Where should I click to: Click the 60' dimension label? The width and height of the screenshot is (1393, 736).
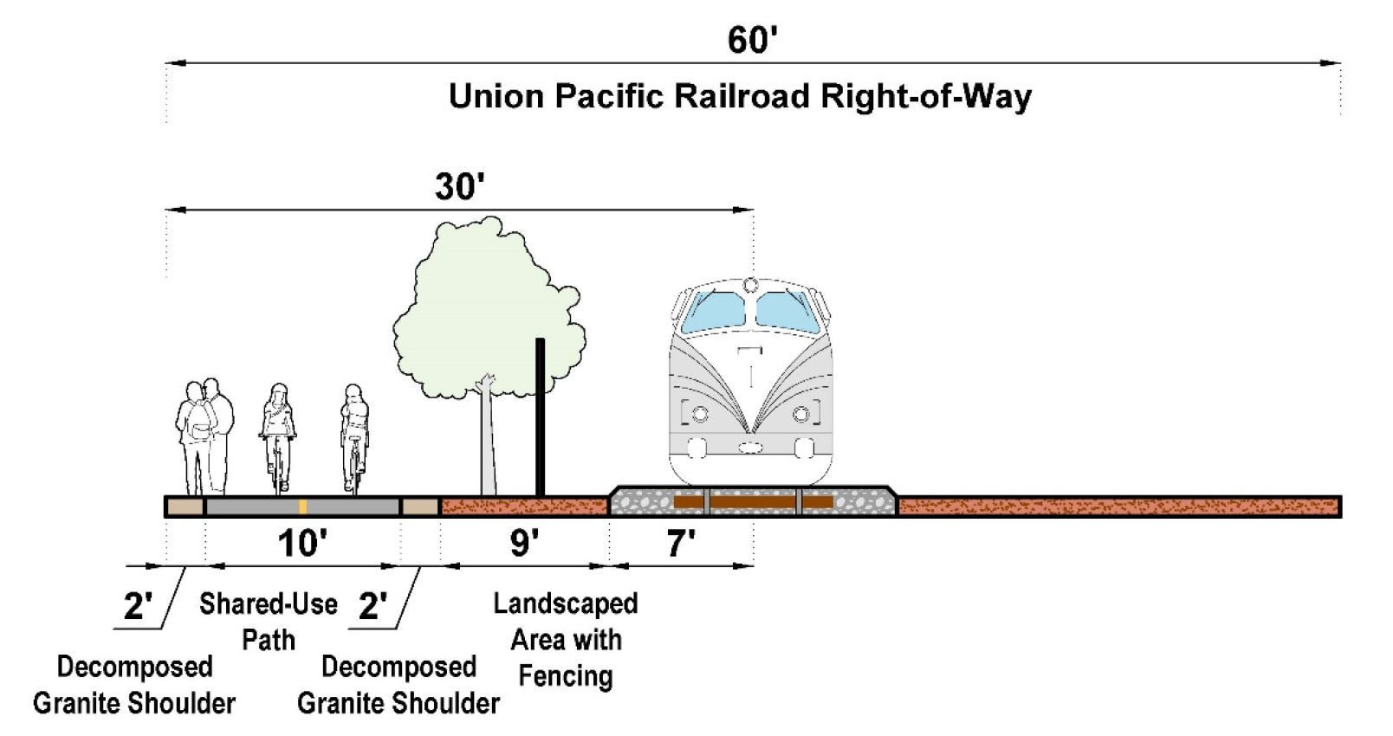(x=752, y=41)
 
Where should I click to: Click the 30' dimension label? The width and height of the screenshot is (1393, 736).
(x=459, y=187)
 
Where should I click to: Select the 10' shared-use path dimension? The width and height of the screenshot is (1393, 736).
(x=301, y=544)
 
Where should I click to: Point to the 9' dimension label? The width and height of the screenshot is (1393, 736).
(x=524, y=544)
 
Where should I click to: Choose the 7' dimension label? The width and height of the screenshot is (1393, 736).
(x=681, y=544)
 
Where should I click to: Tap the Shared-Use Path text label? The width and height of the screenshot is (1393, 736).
(x=269, y=622)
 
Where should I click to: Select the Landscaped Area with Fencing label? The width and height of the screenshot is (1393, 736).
(x=566, y=639)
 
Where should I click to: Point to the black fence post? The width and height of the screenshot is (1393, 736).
(x=540, y=416)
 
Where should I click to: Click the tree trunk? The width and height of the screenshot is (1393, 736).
(x=489, y=442)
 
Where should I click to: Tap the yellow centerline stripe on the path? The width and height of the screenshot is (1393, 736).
(x=302, y=507)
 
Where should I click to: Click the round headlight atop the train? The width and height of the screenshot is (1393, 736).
(x=750, y=285)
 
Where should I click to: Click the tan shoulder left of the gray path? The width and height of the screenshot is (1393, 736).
(x=185, y=507)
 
